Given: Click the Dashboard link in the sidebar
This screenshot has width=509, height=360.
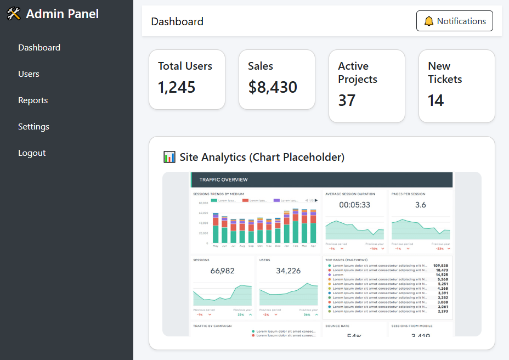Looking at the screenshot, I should pyautogui.click(x=39, y=48).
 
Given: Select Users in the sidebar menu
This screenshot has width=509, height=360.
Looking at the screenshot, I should pyautogui.click(x=29, y=74).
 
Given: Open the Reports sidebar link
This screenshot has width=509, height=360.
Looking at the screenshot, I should pyautogui.click(x=33, y=100).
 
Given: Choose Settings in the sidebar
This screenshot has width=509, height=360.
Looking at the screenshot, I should pyautogui.click(x=33, y=127).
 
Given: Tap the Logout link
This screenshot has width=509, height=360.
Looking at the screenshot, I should pyautogui.click(x=32, y=153).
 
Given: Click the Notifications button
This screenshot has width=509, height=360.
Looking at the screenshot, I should pyautogui.click(x=454, y=21).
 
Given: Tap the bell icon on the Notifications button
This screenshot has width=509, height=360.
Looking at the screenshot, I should pyautogui.click(x=429, y=21).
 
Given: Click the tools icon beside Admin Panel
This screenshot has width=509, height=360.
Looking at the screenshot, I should pyautogui.click(x=14, y=14).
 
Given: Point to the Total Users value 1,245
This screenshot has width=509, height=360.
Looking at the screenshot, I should pyautogui.click(x=177, y=87).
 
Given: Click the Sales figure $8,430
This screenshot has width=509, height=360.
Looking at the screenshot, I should pyautogui.click(x=273, y=87).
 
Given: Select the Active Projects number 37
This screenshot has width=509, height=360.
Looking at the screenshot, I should pyautogui.click(x=347, y=100).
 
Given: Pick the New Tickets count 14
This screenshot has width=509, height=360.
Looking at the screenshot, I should pyautogui.click(x=436, y=100).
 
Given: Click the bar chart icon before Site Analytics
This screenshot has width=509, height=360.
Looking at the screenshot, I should pyautogui.click(x=169, y=157).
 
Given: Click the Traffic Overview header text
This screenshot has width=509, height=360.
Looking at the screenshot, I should pyautogui.click(x=223, y=179).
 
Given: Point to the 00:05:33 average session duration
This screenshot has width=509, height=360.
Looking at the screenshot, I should pyautogui.click(x=354, y=205).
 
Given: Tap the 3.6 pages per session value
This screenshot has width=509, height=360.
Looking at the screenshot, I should pyautogui.click(x=420, y=205).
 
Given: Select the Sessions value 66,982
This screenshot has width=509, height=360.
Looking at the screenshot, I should pyautogui.click(x=222, y=271).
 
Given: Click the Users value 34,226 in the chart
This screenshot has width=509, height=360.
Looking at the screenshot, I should pyautogui.click(x=288, y=271).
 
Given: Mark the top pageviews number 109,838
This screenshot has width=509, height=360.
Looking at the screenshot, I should pyautogui.click(x=441, y=266).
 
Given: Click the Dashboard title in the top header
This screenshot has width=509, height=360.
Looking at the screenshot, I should pyautogui.click(x=177, y=21).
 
